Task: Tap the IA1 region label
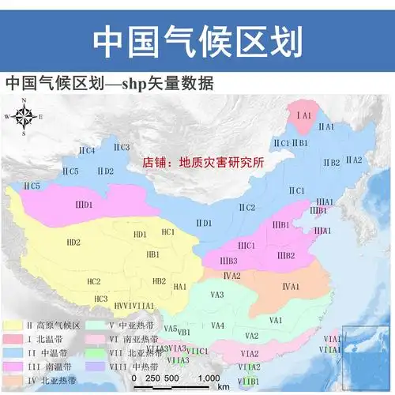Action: tap(304, 115)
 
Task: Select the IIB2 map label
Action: tap(331, 163)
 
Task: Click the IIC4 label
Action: tap(86, 150)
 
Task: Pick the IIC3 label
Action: tap(120, 147)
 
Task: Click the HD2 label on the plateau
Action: tap(73, 242)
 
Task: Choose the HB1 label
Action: tap(153, 254)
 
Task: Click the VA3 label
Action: tap(217, 295)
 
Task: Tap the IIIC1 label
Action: tap(246, 245)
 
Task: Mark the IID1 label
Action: tap(203, 224)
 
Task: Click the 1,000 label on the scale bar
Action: tap(209, 378)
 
